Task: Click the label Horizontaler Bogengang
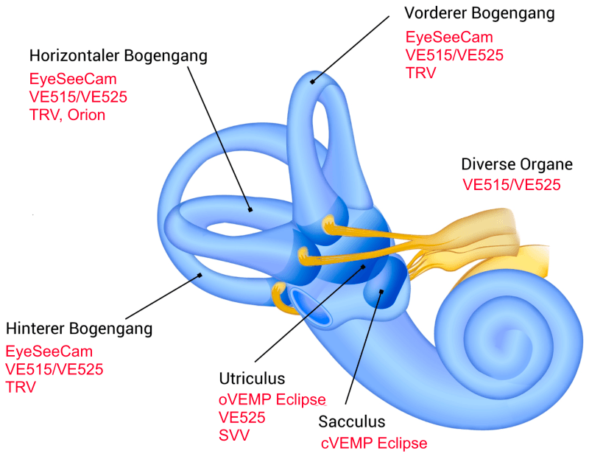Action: pos(119,56)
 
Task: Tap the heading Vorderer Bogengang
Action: pos(480,13)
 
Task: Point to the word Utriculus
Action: pos(252,379)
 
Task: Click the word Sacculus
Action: pos(352,421)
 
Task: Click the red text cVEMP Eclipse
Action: pos(374,444)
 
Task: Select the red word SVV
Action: pos(234,435)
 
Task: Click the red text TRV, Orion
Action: pos(67,114)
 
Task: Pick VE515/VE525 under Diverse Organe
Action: pos(512,184)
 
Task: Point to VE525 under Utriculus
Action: pos(242,417)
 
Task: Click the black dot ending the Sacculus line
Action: pos(381,292)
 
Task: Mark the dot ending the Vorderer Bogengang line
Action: pos(312,81)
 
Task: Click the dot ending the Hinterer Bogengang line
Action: pos(200,277)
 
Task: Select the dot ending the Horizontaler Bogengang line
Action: pos(251,209)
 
